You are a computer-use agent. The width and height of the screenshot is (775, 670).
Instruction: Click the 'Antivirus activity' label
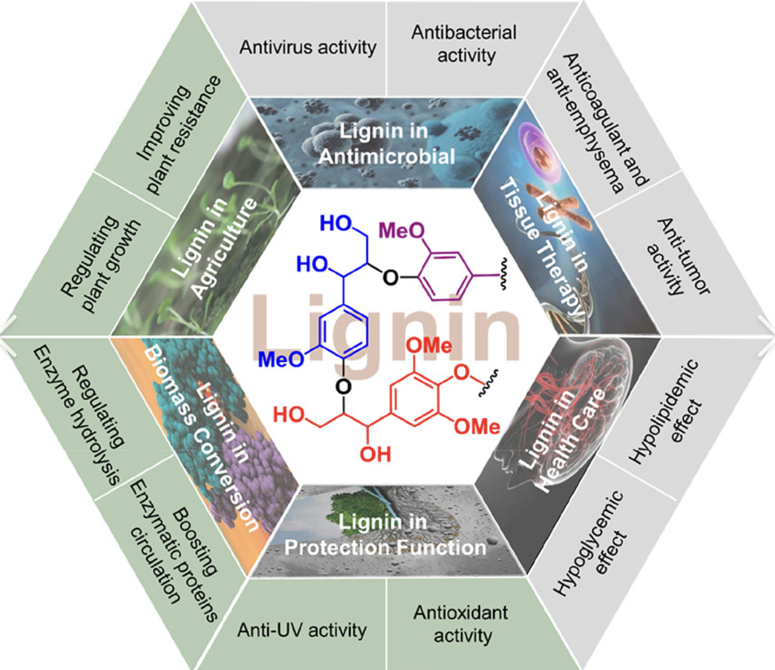(x=308, y=47)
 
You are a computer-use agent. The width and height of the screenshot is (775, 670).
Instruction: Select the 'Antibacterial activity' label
(x=464, y=44)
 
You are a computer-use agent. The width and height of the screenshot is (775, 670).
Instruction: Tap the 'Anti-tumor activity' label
(x=679, y=257)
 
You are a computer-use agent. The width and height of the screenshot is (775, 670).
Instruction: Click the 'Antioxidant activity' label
(x=462, y=624)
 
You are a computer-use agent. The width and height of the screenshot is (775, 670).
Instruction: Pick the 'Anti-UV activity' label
(x=302, y=630)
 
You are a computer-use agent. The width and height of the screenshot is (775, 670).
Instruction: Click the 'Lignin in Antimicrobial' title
(x=386, y=144)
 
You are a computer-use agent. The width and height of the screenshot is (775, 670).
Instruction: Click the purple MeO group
(x=402, y=230)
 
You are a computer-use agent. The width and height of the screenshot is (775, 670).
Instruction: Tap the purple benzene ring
(x=446, y=275)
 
